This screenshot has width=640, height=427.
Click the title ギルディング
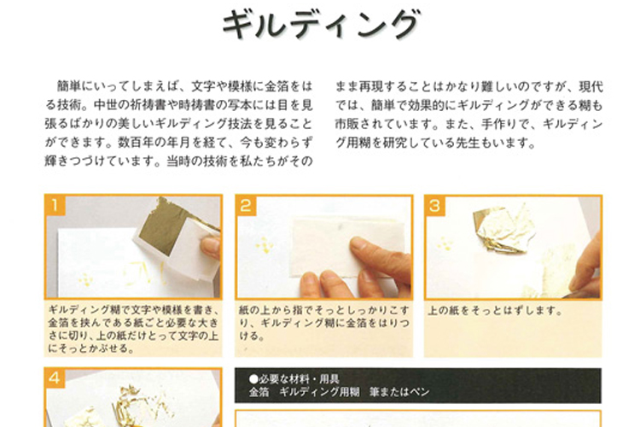tap(320, 25)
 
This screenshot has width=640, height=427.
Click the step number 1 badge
tap(55, 206)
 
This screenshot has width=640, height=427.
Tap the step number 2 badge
tap(246, 206)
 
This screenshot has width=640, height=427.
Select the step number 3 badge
tap(435, 206)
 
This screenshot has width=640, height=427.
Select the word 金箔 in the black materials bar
tap(259, 392)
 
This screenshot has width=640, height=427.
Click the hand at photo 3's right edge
tap(589, 269)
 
